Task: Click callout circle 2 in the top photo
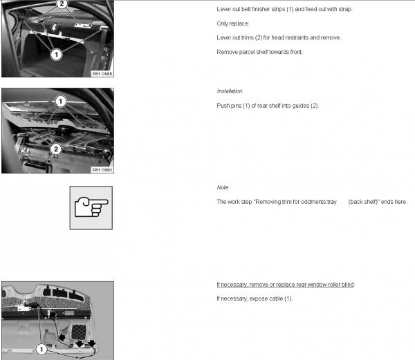[62, 3]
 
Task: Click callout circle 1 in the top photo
[56, 55]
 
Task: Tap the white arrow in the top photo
[55, 27]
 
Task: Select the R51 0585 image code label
[102, 74]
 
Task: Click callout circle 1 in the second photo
[61, 101]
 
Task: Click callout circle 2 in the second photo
[56, 149]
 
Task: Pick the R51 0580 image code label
[102, 170]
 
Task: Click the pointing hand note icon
[91, 207]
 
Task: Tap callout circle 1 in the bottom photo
[41, 350]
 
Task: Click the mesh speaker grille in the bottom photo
[79, 332]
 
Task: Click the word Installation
[230, 91]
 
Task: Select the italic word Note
[223, 187]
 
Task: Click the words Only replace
[232, 23]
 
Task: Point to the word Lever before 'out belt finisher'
[223, 9]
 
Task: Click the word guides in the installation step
[301, 106]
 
